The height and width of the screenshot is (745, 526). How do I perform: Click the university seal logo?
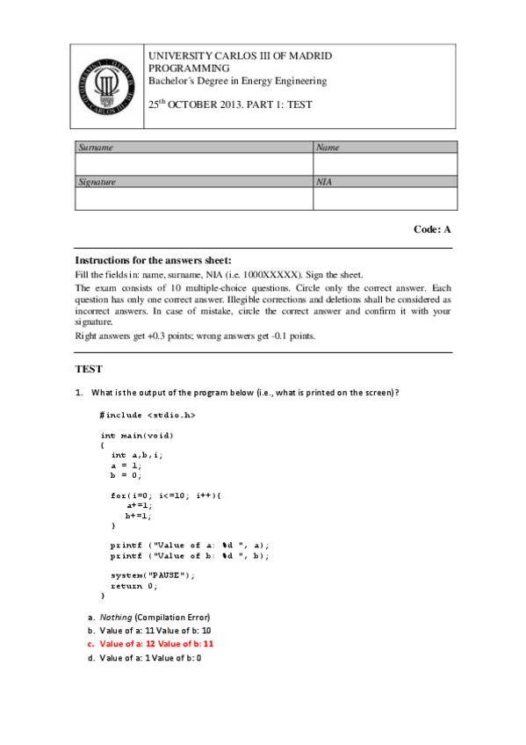(x=104, y=85)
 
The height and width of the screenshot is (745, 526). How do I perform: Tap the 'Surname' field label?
(x=97, y=148)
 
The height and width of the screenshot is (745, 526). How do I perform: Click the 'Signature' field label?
(x=98, y=182)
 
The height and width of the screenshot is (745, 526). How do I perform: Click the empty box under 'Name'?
(x=385, y=164)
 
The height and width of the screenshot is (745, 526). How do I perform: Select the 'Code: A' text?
(x=432, y=229)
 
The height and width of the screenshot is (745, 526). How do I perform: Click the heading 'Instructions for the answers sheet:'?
(x=153, y=260)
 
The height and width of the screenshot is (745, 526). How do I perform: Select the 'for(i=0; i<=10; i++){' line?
(x=166, y=495)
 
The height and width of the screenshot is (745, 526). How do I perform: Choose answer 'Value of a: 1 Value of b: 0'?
(x=150, y=657)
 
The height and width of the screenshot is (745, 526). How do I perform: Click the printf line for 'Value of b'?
(x=190, y=555)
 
